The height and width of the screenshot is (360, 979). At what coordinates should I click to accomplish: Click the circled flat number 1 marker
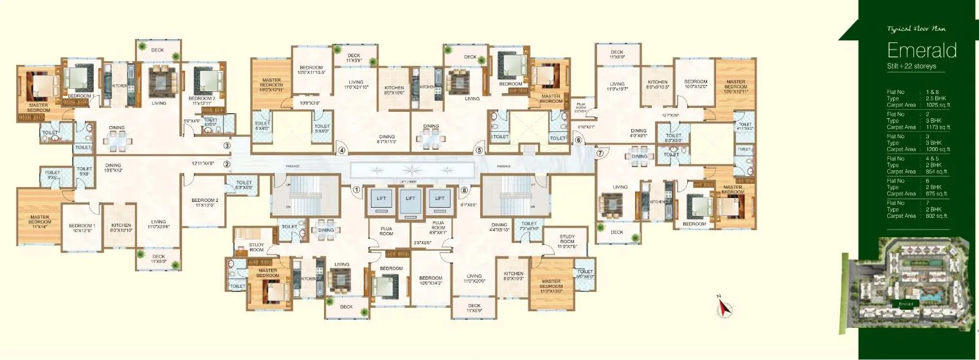[x=355, y=190]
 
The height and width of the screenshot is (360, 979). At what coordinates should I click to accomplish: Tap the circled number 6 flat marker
[x=578, y=140]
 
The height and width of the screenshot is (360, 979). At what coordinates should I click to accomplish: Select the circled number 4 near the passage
[x=342, y=151]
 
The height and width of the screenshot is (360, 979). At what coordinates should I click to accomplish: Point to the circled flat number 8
[x=464, y=190]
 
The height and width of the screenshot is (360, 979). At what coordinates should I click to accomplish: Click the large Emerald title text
[x=922, y=50]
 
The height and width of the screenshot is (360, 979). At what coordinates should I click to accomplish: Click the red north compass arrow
[x=723, y=309]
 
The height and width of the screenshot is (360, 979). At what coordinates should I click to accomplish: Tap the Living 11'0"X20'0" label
[x=474, y=278]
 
